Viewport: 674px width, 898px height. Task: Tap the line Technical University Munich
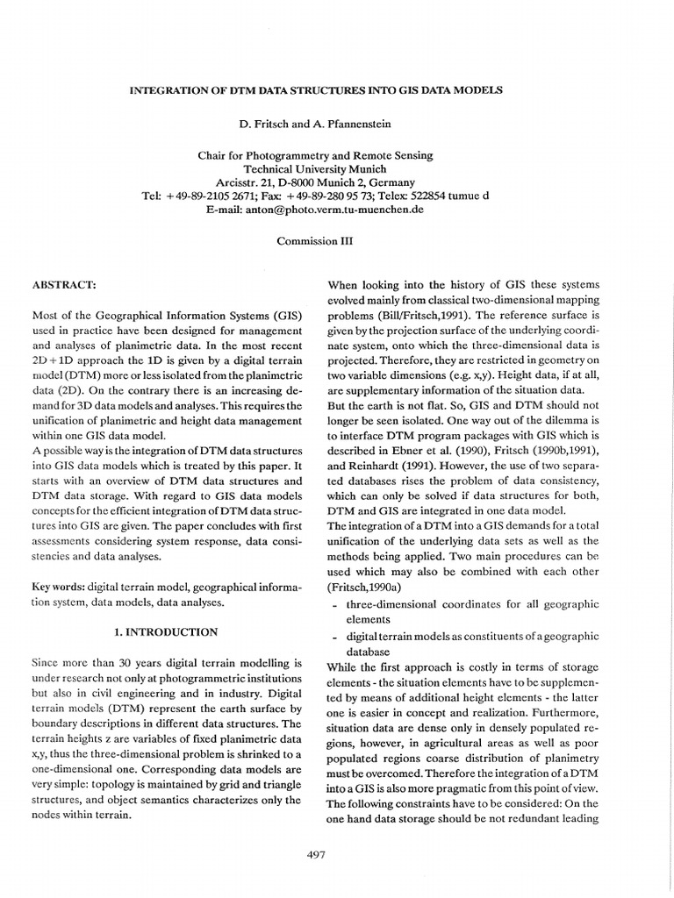pyautogui.click(x=315, y=169)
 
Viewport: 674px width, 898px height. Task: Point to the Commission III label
pyautogui.click(x=315, y=240)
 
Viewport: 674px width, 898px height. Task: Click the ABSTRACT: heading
pyautogui.click(x=63, y=285)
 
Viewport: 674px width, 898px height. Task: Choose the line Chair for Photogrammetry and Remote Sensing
pyautogui.click(x=315, y=155)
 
